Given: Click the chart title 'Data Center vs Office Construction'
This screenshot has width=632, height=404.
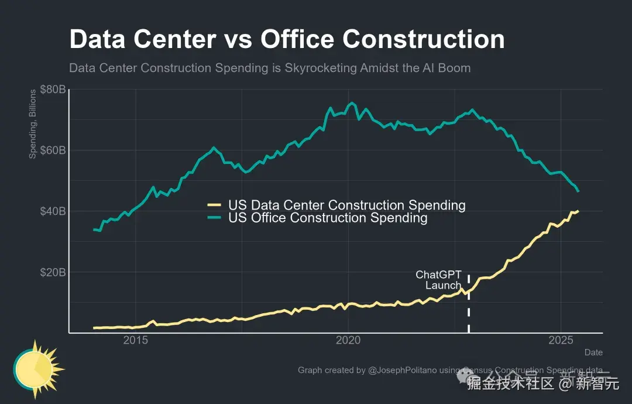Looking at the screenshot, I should tap(287, 39).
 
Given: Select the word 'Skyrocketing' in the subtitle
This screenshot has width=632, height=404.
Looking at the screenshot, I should tap(320, 68).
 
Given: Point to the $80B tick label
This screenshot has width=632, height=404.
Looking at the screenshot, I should tap(52, 90).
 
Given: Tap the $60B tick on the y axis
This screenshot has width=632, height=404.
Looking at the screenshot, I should tap(52, 150).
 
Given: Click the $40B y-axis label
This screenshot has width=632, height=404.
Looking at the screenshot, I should tap(52, 211).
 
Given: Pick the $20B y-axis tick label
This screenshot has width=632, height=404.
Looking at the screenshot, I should tap(52, 272).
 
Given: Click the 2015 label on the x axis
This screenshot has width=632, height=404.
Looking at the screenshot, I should tap(136, 341).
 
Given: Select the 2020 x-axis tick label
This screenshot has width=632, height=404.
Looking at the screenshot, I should tap(349, 341).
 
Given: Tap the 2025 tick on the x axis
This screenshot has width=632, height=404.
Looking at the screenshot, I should tap(561, 341).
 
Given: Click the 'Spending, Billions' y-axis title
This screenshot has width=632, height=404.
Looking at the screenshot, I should tap(33, 124).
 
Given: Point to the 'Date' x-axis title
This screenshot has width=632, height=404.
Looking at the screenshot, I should tap(593, 352).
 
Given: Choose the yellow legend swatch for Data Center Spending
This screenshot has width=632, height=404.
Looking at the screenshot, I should tap(214, 205).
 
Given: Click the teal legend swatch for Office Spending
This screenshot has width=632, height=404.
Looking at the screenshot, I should tap(214, 218).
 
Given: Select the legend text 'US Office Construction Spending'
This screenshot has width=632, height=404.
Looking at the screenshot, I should tap(328, 218).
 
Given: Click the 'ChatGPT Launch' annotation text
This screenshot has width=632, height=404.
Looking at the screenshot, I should tap(439, 280).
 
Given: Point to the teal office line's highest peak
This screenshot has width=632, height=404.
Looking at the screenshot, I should tap(352, 103).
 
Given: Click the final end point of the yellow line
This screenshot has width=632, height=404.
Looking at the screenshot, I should tap(578, 211).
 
